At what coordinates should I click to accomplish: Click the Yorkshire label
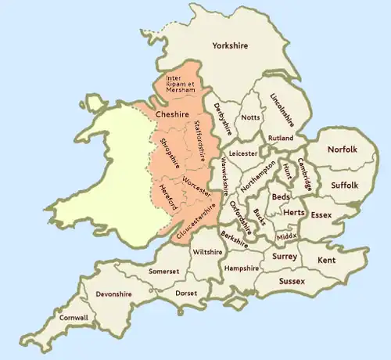click(230, 46)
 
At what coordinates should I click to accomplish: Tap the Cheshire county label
click(173, 114)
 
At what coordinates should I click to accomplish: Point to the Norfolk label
click(343, 149)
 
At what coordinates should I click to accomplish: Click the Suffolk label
click(343, 185)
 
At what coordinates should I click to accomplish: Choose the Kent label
click(327, 259)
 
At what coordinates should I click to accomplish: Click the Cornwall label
click(74, 318)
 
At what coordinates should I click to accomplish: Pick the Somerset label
click(163, 271)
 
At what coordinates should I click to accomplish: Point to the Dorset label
click(186, 293)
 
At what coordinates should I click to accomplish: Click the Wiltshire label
click(207, 252)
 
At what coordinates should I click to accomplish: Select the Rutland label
click(280, 138)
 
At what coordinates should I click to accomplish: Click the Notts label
click(251, 117)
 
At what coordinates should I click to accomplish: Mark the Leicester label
click(243, 154)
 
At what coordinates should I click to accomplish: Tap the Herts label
click(293, 212)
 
